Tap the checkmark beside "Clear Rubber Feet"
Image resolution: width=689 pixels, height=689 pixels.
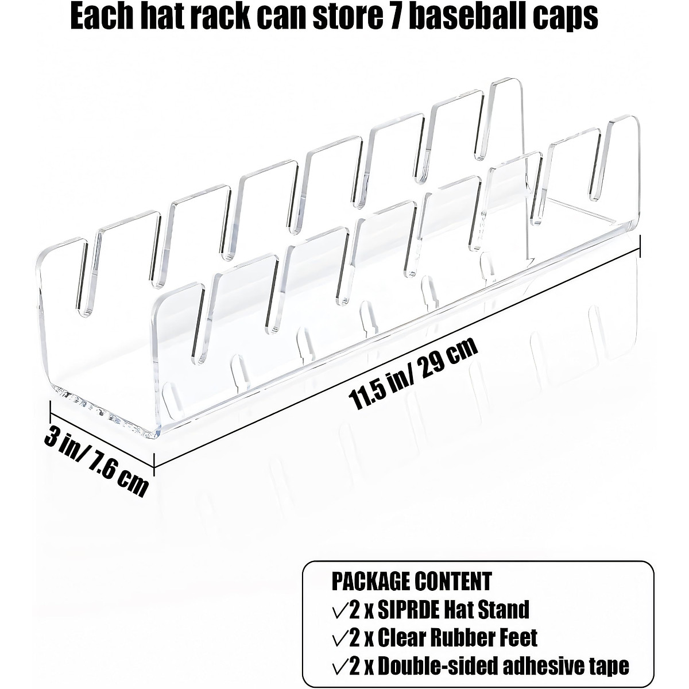click(x=340, y=637)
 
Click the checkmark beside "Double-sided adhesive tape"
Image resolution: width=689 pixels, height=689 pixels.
click(x=340, y=666)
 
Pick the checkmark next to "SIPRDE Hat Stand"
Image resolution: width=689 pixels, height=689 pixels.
click(x=340, y=610)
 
